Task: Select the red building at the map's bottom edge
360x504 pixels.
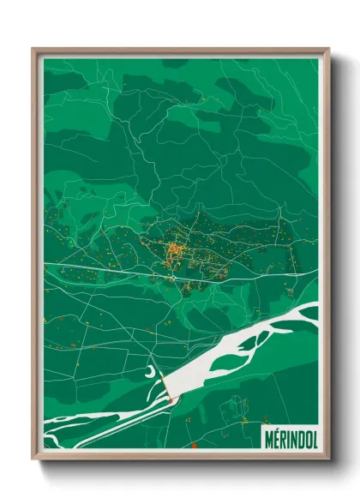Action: point(194,445)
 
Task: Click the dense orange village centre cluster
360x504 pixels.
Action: point(174,250)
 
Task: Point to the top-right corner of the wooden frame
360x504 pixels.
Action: point(328,50)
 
